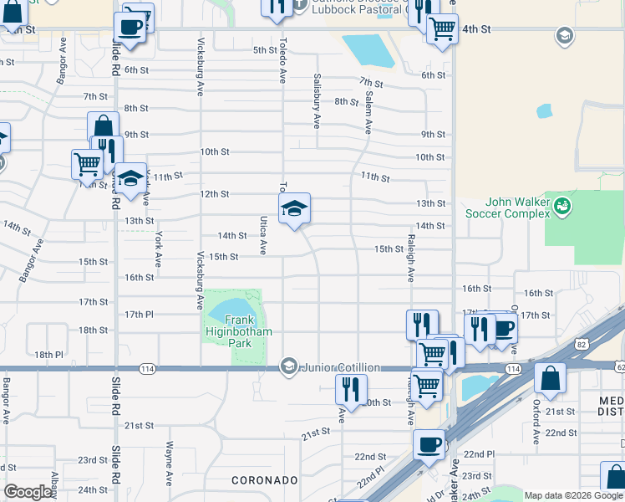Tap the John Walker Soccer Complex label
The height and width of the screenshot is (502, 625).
(520, 208)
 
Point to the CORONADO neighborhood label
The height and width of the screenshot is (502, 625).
(264, 480)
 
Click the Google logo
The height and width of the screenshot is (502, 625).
(28, 492)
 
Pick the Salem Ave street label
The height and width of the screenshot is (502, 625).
(367, 113)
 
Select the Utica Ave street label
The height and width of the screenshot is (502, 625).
(262, 235)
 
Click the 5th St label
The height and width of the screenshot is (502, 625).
(265, 50)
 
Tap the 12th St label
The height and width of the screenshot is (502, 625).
(215, 194)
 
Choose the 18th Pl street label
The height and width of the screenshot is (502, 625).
(49, 355)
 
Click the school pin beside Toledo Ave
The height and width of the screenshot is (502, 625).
(294, 209)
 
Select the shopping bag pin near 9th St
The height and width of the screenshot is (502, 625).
(103, 128)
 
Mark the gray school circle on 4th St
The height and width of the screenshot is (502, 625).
(564, 35)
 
